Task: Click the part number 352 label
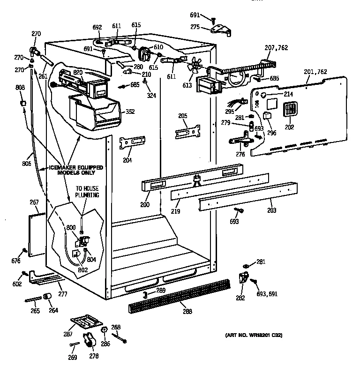(130, 112)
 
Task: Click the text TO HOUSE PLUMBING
(88, 191)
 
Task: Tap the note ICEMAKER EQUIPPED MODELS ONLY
(76, 170)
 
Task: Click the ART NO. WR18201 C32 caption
(254, 335)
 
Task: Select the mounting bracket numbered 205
(187, 132)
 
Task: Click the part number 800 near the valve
(71, 227)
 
